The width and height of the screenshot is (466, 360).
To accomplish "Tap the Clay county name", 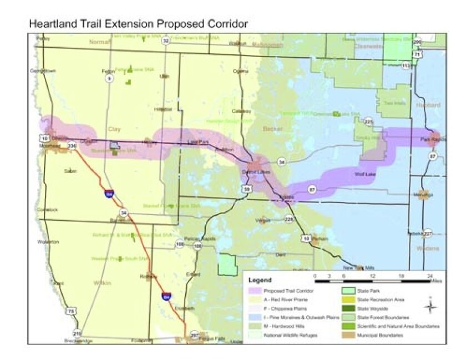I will [x=114, y=129].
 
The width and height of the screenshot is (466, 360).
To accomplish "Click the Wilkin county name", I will [x=102, y=283].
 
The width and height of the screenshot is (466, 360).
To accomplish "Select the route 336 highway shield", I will [x=71, y=145].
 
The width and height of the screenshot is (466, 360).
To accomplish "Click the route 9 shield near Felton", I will [x=109, y=79].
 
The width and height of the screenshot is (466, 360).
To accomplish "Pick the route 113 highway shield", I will [x=407, y=65].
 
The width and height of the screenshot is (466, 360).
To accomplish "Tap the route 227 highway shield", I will [x=428, y=233].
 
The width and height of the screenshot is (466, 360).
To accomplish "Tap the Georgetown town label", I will [x=44, y=71].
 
